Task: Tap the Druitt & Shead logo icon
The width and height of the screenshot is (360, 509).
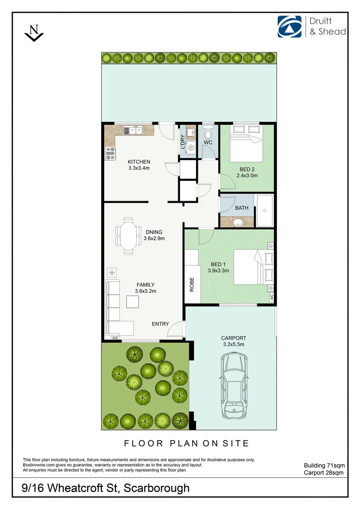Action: [289, 26]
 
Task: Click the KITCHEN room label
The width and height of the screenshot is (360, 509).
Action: [139, 162]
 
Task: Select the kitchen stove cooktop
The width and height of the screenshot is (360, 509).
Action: [110, 151]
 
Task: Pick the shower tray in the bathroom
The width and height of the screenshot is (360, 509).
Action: [264, 210]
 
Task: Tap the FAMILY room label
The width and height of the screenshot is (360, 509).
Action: [146, 285]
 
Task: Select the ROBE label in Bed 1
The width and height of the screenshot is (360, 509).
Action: [192, 284]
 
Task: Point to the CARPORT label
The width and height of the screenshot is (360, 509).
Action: [234, 338]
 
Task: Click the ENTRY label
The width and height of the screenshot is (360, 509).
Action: [160, 324]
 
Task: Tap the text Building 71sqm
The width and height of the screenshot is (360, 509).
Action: [324, 465]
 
